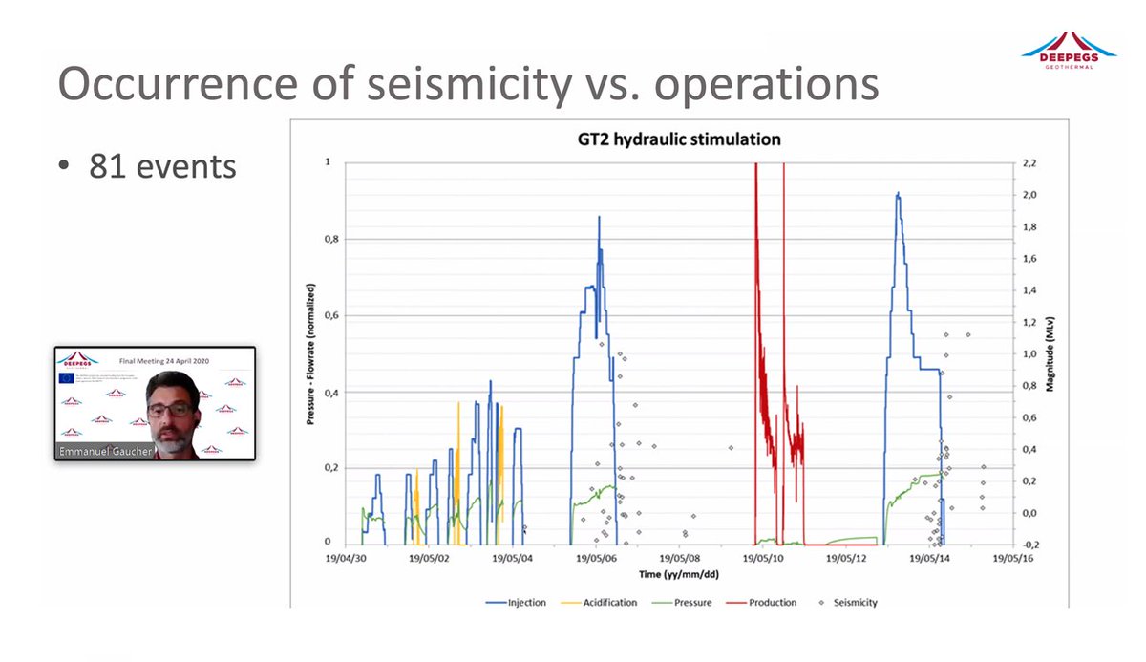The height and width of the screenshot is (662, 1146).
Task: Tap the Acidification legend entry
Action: pyautogui.click(x=605, y=603)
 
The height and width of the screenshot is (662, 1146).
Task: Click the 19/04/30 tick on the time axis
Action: pyautogui.click(x=345, y=559)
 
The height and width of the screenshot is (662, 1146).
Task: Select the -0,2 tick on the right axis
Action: pyautogui.click(x=1032, y=545)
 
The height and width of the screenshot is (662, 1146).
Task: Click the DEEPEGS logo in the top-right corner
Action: pyautogui.click(x=1069, y=48)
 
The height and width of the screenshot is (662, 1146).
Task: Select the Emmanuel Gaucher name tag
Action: pyautogui.click(x=103, y=451)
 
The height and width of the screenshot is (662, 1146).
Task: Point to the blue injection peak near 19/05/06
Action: pyautogui.click(x=599, y=218)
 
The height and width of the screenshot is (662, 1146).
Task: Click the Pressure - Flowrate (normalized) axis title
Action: pyautogui.click(x=310, y=353)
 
